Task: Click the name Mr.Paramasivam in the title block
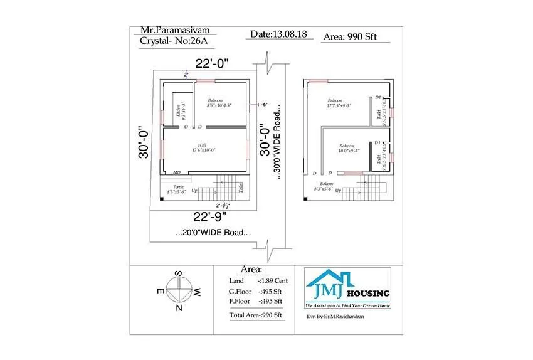coord(171,30)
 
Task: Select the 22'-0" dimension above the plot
coord(211,63)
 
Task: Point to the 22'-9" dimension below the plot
coord(210,218)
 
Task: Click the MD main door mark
coord(177,172)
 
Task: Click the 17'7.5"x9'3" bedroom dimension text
coord(338,105)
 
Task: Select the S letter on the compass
coord(179,273)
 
